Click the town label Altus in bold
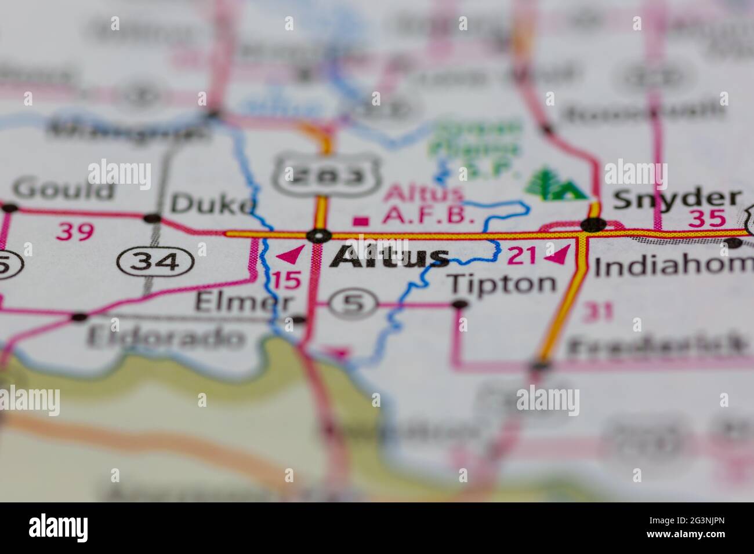[x=389, y=257]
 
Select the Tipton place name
[x=502, y=283]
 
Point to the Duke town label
[x=212, y=203]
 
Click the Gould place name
[x=64, y=189]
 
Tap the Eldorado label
[x=165, y=337]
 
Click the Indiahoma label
[x=673, y=266]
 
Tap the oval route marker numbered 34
[x=155, y=262]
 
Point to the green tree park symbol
[x=554, y=185]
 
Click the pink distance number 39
[x=75, y=232]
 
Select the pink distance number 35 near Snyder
[x=706, y=219]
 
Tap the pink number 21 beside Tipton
[x=523, y=256]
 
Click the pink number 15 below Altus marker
[x=287, y=280]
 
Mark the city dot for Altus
[x=319, y=235]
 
